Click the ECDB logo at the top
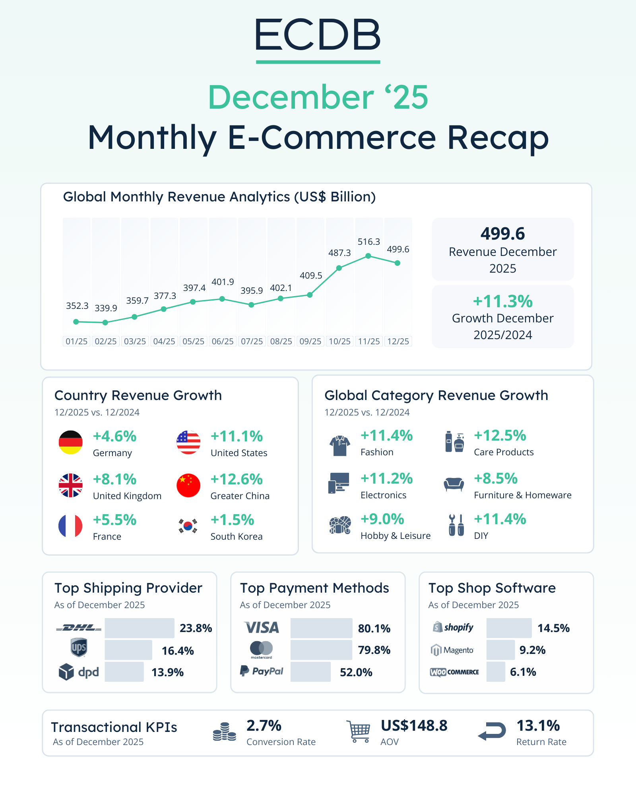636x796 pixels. [318, 35]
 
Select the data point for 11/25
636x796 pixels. [368, 256]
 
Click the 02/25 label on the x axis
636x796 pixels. [106, 341]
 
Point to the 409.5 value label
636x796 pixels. [311, 275]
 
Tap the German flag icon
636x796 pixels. [71, 442]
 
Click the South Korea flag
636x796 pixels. [188, 526]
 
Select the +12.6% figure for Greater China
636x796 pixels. [237, 479]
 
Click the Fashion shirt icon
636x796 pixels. [339, 445]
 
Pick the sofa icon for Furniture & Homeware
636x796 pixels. [454, 484]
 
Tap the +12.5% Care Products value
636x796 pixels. [500, 435]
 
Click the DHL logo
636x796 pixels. [79, 628]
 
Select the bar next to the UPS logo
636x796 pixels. [128, 650]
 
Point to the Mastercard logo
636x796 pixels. [261, 649]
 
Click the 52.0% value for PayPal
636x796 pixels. [356, 672]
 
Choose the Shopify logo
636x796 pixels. [453, 627]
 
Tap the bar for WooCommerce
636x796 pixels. [496, 672]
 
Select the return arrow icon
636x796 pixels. [492, 732]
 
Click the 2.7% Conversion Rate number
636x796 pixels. [264, 726]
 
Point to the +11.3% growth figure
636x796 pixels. [502, 301]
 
